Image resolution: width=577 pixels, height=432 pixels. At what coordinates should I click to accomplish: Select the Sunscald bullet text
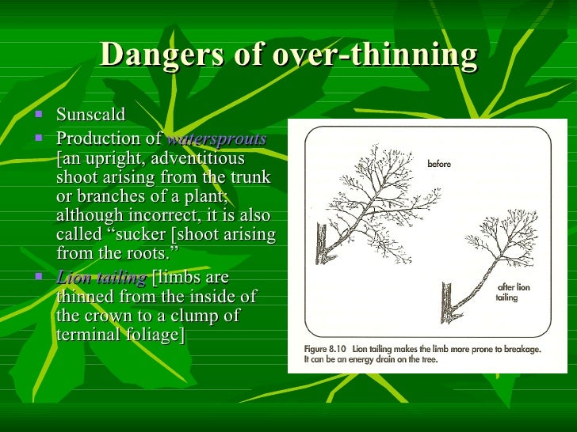click(90, 115)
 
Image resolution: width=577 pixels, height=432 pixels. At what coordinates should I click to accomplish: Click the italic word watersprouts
click(216, 139)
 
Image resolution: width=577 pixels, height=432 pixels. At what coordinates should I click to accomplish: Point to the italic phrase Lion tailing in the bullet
click(101, 278)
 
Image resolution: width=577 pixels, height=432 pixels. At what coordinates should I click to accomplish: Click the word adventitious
click(205, 158)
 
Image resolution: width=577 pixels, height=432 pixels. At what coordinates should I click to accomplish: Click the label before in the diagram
click(440, 165)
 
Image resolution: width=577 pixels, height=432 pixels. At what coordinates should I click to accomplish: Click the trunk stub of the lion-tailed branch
click(446, 305)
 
